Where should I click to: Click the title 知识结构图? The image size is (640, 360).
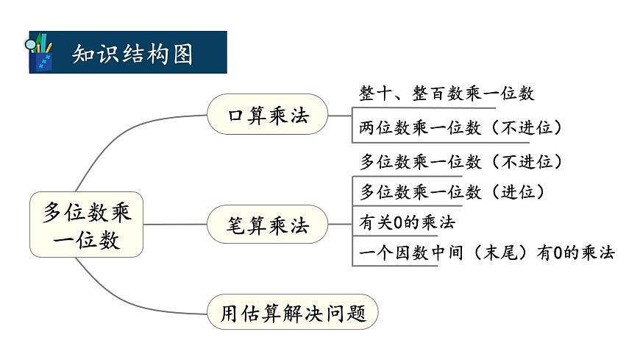132,53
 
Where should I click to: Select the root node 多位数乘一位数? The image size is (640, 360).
86,225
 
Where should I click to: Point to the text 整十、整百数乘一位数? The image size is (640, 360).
447,93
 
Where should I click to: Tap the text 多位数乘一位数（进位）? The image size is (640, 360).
452,192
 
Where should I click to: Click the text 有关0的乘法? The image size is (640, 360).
407,222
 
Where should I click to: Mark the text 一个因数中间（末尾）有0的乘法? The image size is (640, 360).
487,253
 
